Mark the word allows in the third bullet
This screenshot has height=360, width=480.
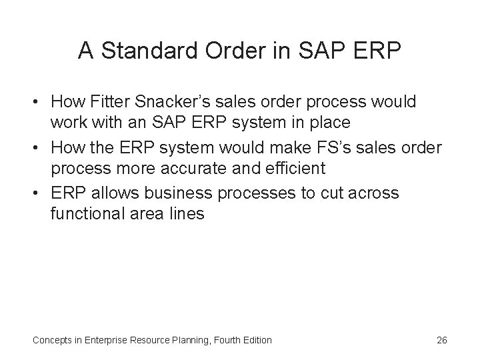pos(111,193)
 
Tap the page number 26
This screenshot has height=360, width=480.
pos(441,340)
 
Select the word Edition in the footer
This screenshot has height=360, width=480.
pos(255,340)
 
